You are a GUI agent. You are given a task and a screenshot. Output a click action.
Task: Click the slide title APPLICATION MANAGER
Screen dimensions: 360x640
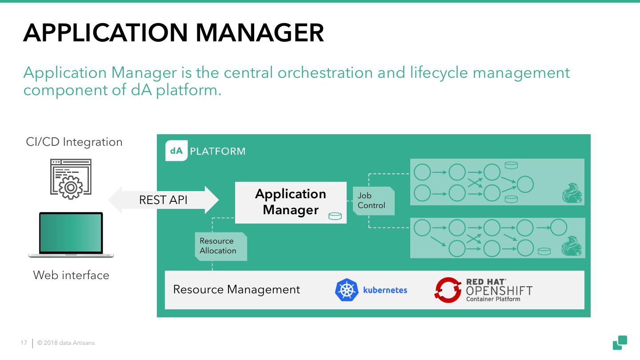[173, 32]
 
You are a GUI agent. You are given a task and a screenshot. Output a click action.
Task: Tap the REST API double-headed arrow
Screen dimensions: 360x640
[164, 200]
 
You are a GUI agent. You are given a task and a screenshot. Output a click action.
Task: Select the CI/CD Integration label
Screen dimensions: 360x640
[74, 142]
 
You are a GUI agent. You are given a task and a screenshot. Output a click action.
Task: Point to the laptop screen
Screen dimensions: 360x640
[71, 232]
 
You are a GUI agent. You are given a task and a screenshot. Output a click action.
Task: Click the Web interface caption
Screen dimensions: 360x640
[71, 275]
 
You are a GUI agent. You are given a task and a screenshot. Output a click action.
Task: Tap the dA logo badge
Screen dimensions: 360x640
[176, 151]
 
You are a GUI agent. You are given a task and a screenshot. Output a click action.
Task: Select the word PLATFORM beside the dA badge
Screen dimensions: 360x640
[217, 151]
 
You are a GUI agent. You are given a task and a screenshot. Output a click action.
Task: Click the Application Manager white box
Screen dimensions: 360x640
[290, 202]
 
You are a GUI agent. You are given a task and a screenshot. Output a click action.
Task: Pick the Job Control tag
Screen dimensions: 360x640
[372, 200]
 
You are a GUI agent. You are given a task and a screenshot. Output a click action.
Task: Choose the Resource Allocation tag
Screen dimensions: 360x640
[218, 246]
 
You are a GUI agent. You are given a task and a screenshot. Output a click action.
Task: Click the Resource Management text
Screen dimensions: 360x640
[236, 289]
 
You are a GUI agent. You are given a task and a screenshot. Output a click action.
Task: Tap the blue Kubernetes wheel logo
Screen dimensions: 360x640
[346, 290]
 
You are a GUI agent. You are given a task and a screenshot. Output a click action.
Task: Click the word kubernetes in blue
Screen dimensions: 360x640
[385, 290]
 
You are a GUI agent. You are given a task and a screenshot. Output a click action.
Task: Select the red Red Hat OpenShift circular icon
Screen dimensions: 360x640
[448, 290]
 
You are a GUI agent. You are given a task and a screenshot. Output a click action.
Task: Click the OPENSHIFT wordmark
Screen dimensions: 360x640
[499, 291]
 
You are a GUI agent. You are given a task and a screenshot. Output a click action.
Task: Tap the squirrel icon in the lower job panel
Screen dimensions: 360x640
[572, 246]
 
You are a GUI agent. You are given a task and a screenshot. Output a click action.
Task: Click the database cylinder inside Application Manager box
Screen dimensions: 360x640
[335, 216]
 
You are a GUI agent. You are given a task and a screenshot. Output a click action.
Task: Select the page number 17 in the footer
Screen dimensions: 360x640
[24, 343]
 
